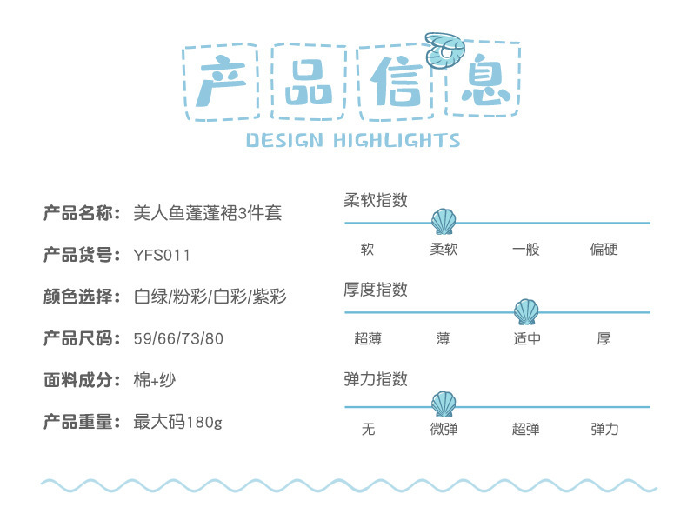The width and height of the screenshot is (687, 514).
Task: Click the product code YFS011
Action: [x=162, y=256]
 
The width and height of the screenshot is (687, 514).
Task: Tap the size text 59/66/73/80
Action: [x=178, y=339]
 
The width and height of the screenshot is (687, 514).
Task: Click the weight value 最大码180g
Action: [x=177, y=423]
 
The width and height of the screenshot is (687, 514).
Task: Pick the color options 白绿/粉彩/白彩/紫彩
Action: [x=210, y=297]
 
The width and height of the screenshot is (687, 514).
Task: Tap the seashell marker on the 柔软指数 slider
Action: [x=444, y=222]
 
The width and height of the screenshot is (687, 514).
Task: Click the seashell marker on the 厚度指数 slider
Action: [x=525, y=311]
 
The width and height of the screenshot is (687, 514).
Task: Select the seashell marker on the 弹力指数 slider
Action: [x=444, y=404]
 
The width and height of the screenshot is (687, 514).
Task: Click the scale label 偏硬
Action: [x=604, y=250]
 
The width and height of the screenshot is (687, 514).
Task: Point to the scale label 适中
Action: [x=526, y=338]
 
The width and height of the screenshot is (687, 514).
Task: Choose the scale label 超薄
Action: [x=368, y=338]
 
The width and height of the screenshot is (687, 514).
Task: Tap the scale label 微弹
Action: [x=444, y=430]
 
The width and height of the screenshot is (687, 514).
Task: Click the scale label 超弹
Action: [x=525, y=430]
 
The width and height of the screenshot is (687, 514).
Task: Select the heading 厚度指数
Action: [x=376, y=290]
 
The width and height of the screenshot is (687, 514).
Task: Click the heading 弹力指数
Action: [x=376, y=379]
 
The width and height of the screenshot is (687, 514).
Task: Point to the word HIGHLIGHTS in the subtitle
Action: [x=397, y=140]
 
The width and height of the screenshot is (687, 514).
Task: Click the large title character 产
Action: [x=221, y=82]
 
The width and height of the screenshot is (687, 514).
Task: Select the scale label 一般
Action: [x=525, y=250]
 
